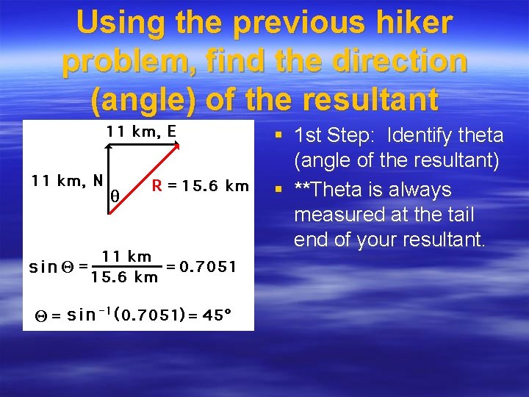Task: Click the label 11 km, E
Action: point(141,132)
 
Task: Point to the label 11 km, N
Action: point(66,180)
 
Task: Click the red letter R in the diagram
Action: point(156,185)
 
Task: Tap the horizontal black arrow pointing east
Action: point(143,145)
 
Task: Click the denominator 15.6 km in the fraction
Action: point(124,277)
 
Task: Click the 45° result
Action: point(217,315)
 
